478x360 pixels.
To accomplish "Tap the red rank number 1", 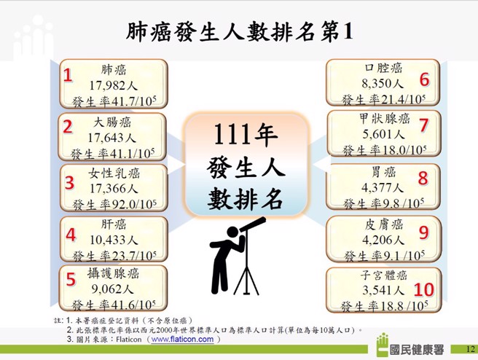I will click(x=68, y=76).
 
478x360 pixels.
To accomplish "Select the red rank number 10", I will click(x=423, y=289).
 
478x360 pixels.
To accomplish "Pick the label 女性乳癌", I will click(x=114, y=173).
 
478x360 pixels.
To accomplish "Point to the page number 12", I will click(x=469, y=350).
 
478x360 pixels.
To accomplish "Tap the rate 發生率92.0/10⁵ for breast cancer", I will click(x=114, y=203).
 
